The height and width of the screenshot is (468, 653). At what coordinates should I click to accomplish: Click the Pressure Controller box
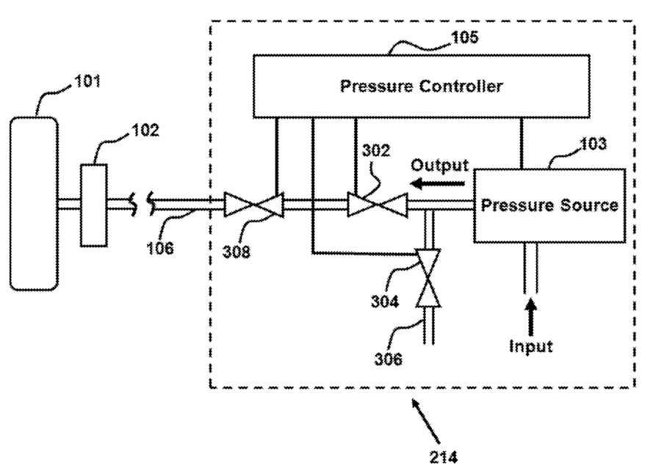tap(422, 86)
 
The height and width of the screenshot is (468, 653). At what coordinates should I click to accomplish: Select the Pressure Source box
tap(549, 205)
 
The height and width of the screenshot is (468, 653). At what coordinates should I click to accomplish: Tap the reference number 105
tap(465, 37)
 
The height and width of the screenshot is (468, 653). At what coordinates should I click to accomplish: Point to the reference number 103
tap(594, 144)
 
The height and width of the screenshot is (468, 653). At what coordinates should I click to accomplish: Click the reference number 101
tap(87, 81)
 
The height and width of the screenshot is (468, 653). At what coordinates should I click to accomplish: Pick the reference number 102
tap(145, 131)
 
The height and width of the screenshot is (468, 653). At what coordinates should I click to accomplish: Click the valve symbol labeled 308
tap(253, 204)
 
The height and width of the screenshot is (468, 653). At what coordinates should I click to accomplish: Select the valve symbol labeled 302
tap(378, 205)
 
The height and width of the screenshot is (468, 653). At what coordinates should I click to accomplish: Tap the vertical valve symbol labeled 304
tap(428, 278)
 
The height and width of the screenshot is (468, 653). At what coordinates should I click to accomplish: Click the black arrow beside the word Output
tap(437, 183)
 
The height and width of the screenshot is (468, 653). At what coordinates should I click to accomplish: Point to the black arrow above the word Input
tap(530, 317)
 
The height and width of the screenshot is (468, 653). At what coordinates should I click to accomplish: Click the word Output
tap(440, 166)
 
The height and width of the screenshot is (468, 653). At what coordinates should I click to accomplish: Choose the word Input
tap(531, 346)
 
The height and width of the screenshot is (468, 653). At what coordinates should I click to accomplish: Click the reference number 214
tap(444, 457)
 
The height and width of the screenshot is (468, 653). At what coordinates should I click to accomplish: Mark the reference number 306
tap(389, 359)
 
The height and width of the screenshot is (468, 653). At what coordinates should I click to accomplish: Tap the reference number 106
tap(160, 249)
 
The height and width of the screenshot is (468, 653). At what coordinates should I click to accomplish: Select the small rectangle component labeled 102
tap(94, 205)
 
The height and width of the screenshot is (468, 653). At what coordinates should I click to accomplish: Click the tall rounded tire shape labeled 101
tap(34, 203)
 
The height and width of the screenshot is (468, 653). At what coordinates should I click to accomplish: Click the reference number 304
tap(385, 301)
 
